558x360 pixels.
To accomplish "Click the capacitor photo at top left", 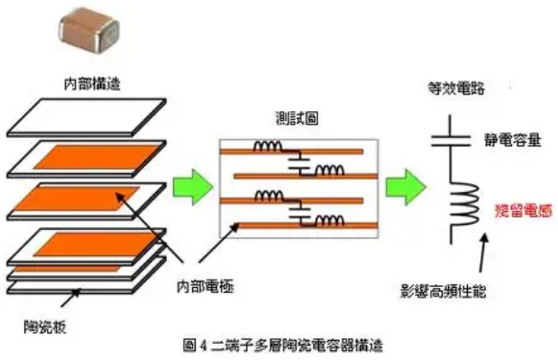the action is pyautogui.click(x=89, y=28).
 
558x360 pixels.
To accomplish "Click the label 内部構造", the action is pyautogui.click(x=92, y=84).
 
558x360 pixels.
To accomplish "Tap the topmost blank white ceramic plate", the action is pyautogui.click(x=87, y=117).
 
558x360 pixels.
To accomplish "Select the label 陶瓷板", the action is pyautogui.click(x=45, y=327).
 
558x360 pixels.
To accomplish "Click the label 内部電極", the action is pyautogui.click(x=206, y=286).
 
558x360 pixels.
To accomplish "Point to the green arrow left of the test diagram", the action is pyautogui.click(x=193, y=187).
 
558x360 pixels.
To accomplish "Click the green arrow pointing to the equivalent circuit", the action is pyautogui.click(x=406, y=187).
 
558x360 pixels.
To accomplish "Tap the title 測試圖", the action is pyautogui.click(x=297, y=118).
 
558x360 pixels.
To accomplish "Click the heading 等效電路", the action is pyautogui.click(x=456, y=88).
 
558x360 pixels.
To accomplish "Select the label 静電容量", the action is pyautogui.click(x=512, y=140).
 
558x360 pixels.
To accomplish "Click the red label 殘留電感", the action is pyautogui.click(x=524, y=211).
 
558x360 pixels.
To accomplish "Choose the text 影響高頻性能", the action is pyautogui.click(x=443, y=291).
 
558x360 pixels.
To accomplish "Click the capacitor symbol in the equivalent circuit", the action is pyautogui.click(x=451, y=142).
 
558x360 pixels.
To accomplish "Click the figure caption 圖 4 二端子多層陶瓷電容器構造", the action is pyautogui.click(x=283, y=345).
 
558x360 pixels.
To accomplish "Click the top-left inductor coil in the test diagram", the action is pyautogui.click(x=268, y=146).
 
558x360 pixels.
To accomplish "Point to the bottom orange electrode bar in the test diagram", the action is pyautogui.click(x=307, y=226).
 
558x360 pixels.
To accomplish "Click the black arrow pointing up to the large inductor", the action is pyautogui.click(x=482, y=253).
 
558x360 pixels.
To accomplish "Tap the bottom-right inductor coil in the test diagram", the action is pyautogui.click(x=330, y=221).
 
